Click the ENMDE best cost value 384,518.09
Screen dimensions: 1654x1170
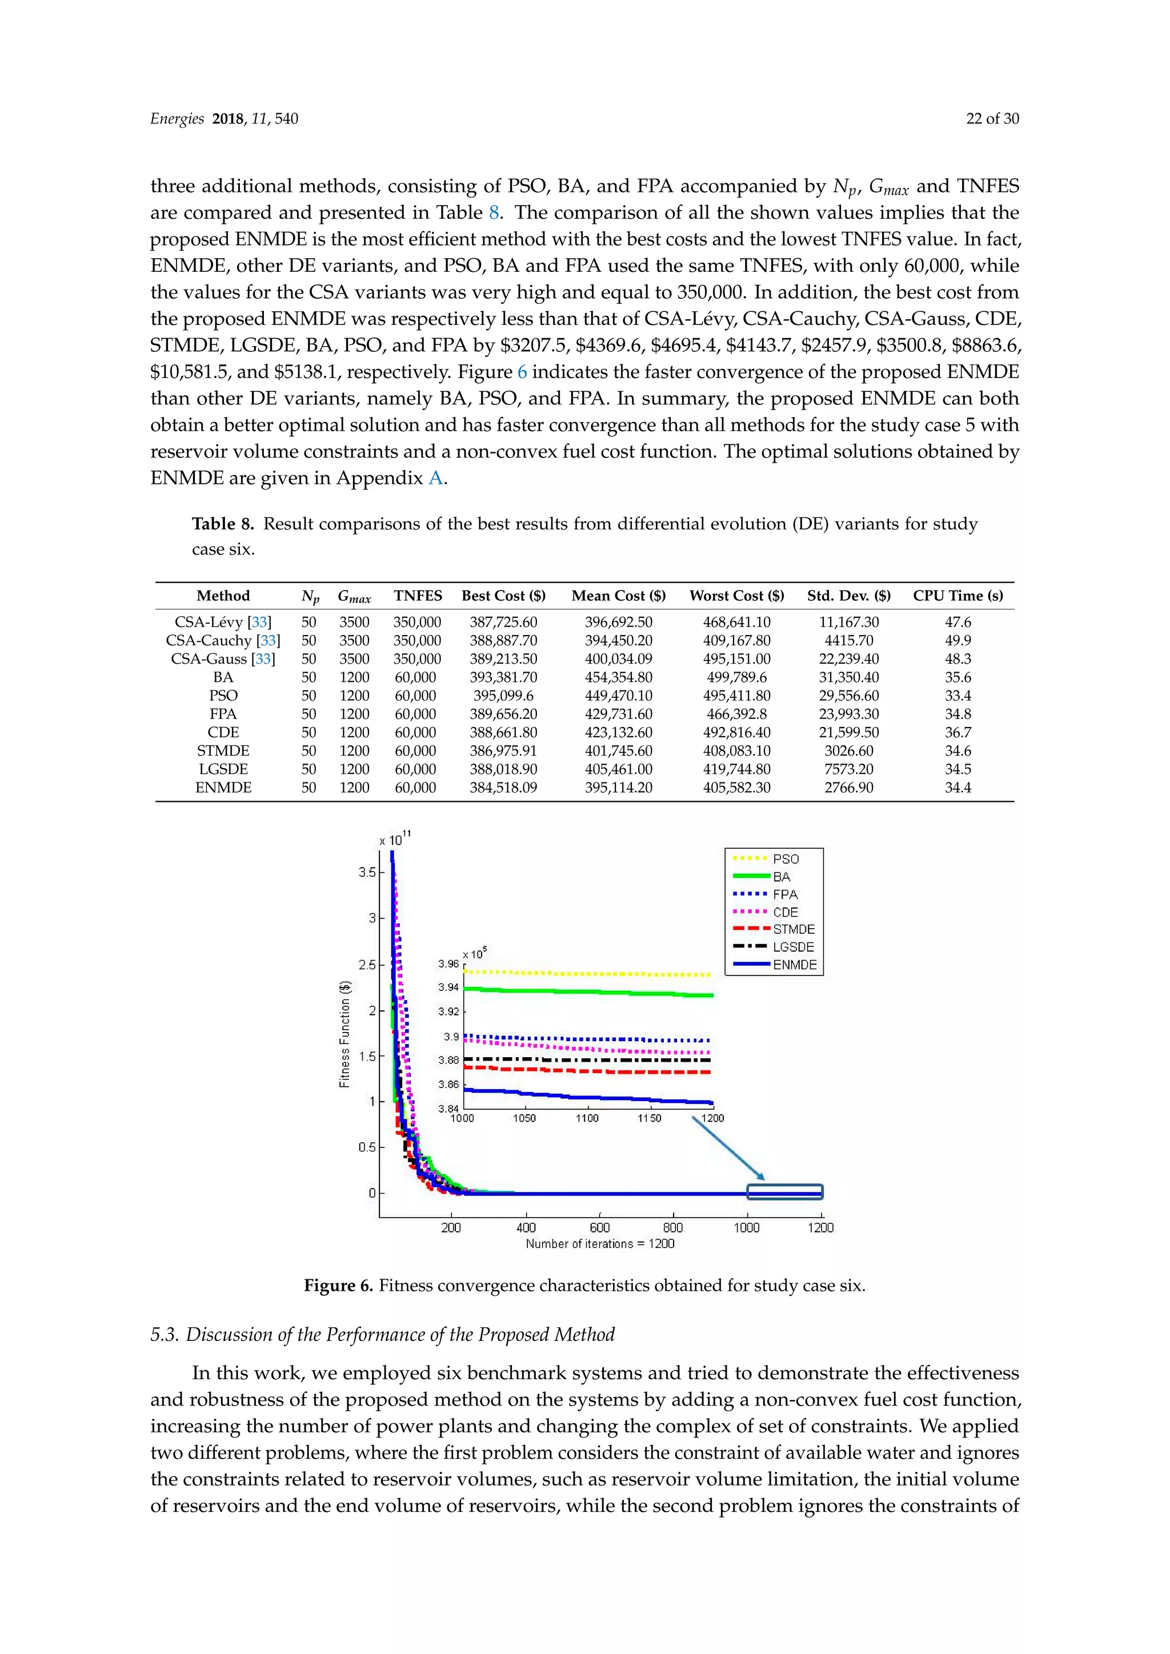click(x=503, y=788)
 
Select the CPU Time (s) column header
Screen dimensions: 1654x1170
click(x=957, y=596)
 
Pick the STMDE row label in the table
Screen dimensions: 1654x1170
click(x=223, y=750)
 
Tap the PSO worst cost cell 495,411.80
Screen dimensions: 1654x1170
click(x=736, y=695)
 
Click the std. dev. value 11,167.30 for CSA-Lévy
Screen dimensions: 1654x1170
click(x=849, y=622)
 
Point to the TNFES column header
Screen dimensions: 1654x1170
click(x=418, y=596)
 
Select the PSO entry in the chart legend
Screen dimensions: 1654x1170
click(x=786, y=858)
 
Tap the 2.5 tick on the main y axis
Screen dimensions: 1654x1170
click(x=367, y=965)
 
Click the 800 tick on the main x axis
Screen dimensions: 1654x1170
click(x=673, y=1227)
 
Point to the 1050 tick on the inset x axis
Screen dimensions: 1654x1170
click(x=524, y=1118)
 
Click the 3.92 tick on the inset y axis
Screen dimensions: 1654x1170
click(x=448, y=1011)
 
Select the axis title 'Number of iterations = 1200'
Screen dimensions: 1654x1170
click(x=599, y=1243)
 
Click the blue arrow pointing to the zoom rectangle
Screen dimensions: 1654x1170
click(x=728, y=1147)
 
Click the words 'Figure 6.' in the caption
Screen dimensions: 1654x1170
click(x=338, y=1286)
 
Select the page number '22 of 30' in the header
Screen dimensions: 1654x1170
click(x=992, y=119)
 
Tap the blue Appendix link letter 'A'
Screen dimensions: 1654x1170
click(x=435, y=479)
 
